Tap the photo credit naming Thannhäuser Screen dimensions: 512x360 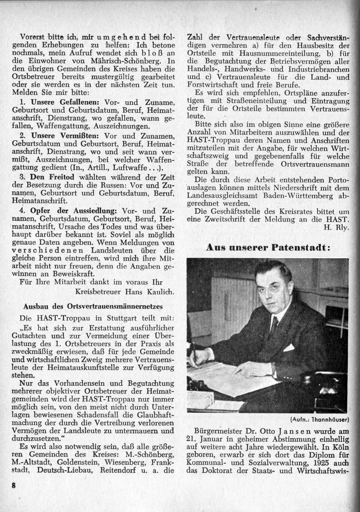pos(319,419)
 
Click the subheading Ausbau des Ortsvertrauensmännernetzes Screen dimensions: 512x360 pos(93,307)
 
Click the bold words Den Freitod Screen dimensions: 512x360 pos(52,177)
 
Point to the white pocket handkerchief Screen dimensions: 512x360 pos(289,348)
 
